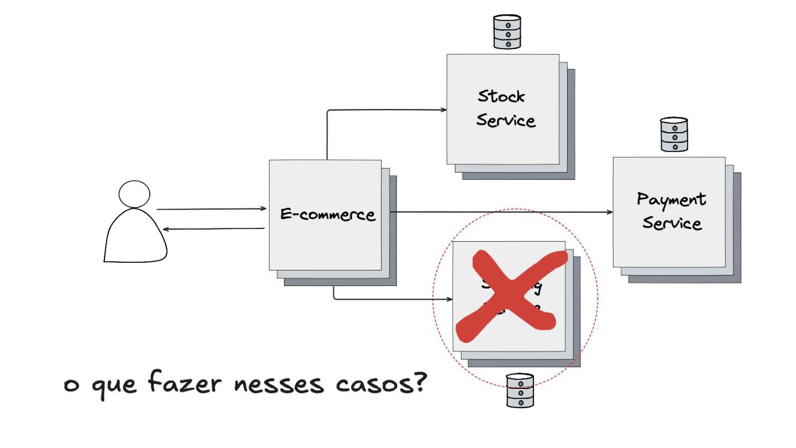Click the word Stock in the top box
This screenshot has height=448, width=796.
501,96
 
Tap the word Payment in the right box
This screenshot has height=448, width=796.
671,200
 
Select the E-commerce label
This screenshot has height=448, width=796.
327,214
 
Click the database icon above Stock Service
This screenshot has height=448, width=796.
507,32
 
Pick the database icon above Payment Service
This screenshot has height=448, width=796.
674,134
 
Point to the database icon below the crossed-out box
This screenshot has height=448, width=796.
520,390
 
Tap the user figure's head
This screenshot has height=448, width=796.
134,194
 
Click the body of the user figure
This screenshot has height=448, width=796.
135,238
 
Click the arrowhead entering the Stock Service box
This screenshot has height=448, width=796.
443,110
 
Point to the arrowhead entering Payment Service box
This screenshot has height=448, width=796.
610,212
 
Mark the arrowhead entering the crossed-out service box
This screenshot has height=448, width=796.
449,299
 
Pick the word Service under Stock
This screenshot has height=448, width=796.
506,120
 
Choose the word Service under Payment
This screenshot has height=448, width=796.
672,223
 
